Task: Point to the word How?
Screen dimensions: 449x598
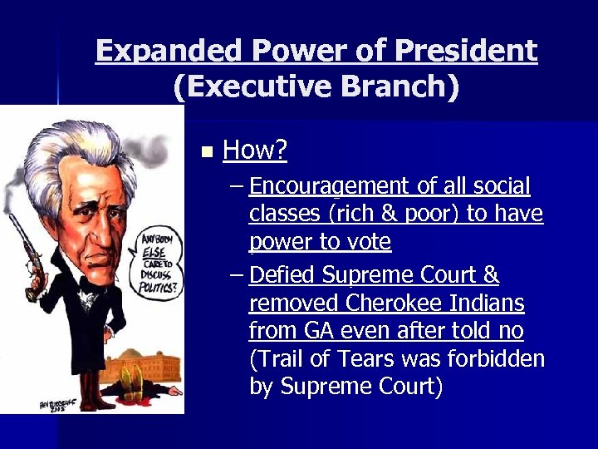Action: click(255, 150)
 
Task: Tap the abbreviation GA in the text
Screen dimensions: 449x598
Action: click(318, 331)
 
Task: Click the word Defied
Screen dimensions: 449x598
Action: click(282, 274)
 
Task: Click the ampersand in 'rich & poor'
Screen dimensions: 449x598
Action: click(383, 214)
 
